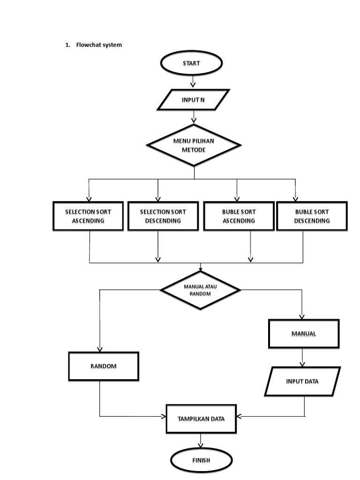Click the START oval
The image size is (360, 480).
191,63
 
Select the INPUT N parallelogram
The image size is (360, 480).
193,100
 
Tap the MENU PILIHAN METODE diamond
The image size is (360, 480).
194,145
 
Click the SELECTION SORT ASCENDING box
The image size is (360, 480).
88,216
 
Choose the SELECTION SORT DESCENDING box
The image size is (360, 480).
163,216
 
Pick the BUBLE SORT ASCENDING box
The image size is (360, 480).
239,216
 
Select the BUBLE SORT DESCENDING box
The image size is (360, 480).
312,216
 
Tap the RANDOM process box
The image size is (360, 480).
104,366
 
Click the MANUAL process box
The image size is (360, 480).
303,334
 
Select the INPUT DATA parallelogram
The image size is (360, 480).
302,381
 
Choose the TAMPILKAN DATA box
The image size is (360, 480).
201,419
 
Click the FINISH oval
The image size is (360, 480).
201,460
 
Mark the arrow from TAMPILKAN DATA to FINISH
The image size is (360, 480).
201,441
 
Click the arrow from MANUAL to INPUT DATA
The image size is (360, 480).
303,358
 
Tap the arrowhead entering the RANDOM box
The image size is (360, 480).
100,349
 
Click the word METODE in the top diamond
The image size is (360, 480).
194,150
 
